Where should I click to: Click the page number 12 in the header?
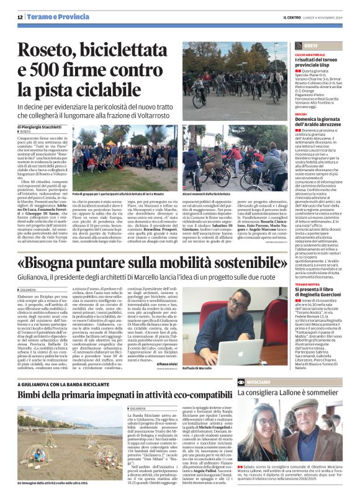(x=20, y=17)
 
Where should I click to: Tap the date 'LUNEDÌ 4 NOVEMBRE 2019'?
(x=322, y=17)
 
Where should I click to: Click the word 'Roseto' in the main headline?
(x=47, y=50)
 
